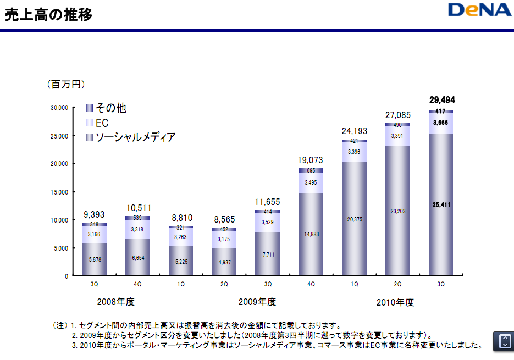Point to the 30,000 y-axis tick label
pyautogui.click(x=58, y=108)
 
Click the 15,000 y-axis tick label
pyautogui.click(x=58, y=192)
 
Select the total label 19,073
pyautogui.click(x=311, y=160)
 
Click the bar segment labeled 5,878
pyautogui.click(x=94, y=260)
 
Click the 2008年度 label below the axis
pyautogui.click(x=115, y=302)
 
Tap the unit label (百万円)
pyautogui.click(x=65, y=85)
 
